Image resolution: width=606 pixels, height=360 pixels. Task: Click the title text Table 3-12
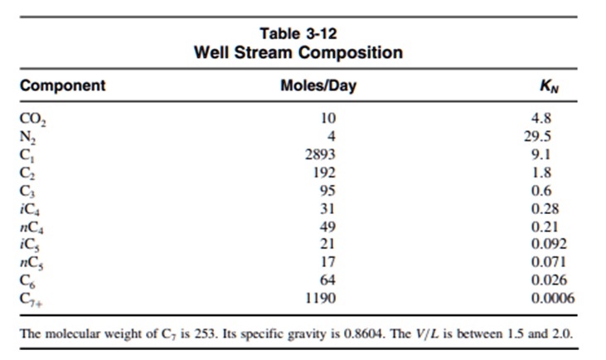tap(298, 33)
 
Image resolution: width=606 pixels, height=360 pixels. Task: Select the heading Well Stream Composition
tap(298, 52)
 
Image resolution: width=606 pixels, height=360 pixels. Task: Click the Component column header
tap(62, 85)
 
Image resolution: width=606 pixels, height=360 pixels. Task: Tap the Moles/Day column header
tap(318, 85)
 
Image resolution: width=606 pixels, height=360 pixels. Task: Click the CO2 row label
tap(32, 118)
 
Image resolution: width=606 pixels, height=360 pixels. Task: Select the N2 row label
tap(29, 136)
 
